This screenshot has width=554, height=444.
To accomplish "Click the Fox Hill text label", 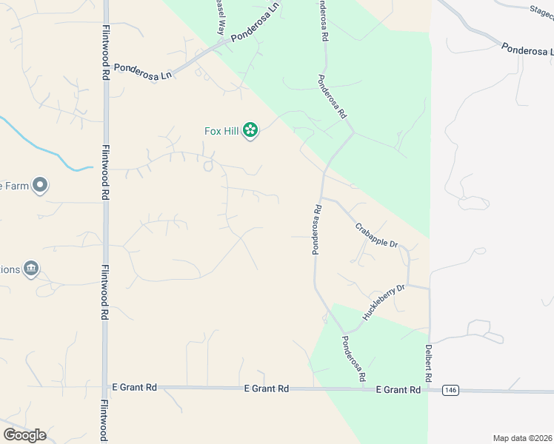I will tap(221, 131).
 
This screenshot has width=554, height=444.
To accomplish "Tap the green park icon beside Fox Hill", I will tap(250, 131).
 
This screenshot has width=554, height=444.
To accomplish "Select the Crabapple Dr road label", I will tap(376, 235).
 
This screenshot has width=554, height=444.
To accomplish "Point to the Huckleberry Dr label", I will tap(384, 303).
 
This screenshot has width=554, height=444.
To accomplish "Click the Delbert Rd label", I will tap(429, 363).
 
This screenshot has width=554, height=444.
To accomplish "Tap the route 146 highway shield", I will tap(450, 389).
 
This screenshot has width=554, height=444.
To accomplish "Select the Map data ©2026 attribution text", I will tap(523, 438).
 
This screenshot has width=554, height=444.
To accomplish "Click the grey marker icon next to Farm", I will tap(40, 185).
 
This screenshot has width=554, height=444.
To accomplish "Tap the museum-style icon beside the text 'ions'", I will tap(30, 268).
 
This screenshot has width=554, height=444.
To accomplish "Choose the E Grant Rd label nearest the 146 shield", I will tap(398, 389).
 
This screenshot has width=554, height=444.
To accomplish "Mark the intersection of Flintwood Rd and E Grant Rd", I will tap(104, 387).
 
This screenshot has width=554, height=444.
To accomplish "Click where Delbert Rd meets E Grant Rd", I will tap(429, 389).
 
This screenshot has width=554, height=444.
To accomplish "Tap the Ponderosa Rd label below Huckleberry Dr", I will tap(353, 358).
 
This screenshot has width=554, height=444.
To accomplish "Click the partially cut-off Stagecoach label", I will tap(541, 11).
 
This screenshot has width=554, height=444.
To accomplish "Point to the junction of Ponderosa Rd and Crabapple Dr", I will tap(321, 198).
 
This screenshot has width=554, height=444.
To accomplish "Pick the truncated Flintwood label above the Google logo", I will tap(104, 422).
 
